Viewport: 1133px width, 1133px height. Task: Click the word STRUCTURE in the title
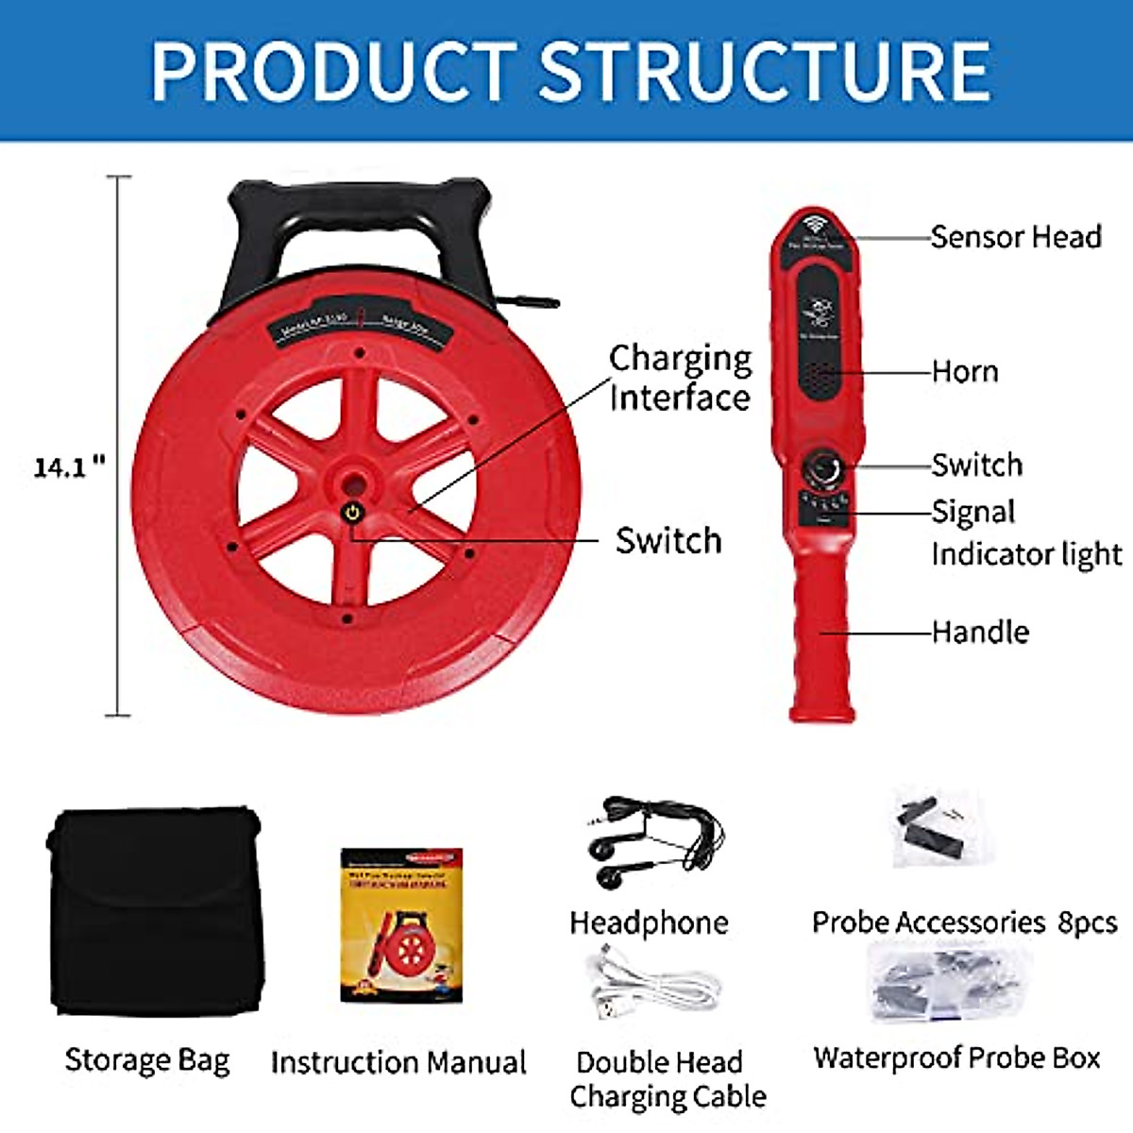click(x=765, y=71)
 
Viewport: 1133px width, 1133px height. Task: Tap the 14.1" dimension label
click(x=69, y=466)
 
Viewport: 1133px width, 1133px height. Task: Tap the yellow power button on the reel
click(x=351, y=514)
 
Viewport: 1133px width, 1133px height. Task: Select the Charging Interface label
click(x=680, y=378)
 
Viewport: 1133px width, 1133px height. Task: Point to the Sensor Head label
click(x=1016, y=236)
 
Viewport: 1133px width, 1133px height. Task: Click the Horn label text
click(x=965, y=371)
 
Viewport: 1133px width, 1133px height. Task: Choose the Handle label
click(x=980, y=632)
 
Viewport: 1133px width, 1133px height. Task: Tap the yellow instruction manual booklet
click(x=401, y=925)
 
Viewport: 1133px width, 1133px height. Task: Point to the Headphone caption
click(x=649, y=922)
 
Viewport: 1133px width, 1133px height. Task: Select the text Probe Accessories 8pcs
click(x=964, y=922)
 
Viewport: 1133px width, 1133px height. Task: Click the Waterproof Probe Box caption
click(x=956, y=1057)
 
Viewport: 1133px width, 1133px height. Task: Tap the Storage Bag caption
click(x=147, y=1060)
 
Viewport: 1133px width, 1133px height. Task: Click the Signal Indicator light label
click(x=1025, y=533)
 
